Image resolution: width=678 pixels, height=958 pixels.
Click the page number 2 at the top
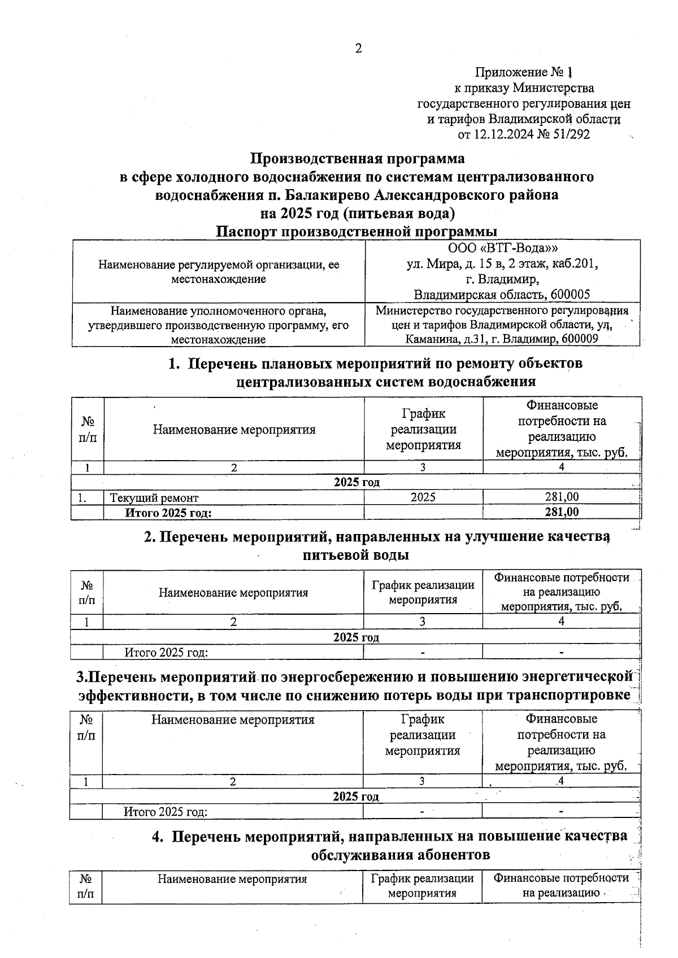[x=358, y=49]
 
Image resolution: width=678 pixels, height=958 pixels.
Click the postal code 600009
[x=579, y=339]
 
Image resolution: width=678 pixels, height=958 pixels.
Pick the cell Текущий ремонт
[x=154, y=498]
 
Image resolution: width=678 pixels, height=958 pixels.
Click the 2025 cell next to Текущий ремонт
[x=423, y=497]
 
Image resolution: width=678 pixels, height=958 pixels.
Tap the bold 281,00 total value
[x=562, y=512]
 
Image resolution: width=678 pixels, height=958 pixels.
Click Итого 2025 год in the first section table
[x=168, y=513]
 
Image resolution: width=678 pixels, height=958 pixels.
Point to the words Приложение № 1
[x=524, y=72]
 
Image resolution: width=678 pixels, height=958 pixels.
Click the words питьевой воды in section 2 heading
[x=356, y=555]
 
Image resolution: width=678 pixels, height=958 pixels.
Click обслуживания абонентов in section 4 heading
[x=400, y=855]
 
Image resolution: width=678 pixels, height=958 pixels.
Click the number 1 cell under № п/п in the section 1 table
[x=87, y=467]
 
